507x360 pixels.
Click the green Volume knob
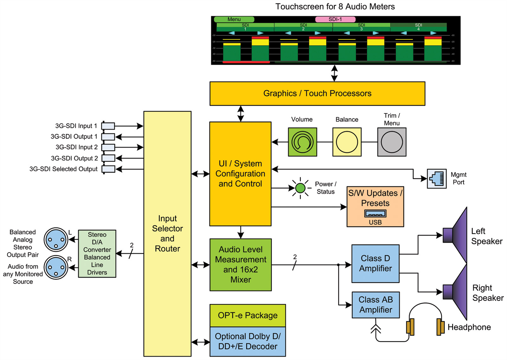(x=302, y=142)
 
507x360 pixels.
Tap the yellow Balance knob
(x=347, y=142)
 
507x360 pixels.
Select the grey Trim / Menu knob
(x=392, y=142)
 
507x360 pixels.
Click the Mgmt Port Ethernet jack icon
(x=437, y=179)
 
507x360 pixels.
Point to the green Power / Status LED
(x=300, y=188)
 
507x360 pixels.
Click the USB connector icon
(x=375, y=214)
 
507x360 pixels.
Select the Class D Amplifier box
(x=375, y=263)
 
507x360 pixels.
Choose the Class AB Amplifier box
(x=375, y=305)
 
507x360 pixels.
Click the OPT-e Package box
(x=247, y=315)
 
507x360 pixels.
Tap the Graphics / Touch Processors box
(x=317, y=93)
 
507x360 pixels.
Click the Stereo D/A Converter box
(x=97, y=254)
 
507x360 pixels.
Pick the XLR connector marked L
(x=56, y=240)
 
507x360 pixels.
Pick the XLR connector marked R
(x=56, y=268)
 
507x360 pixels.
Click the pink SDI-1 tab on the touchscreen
(x=335, y=19)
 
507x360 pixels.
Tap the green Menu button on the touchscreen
(x=234, y=19)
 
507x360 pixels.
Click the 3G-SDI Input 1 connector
(x=108, y=126)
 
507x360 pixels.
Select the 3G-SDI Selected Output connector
(x=108, y=169)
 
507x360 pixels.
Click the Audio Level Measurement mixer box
(x=241, y=265)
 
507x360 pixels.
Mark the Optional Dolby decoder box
(x=247, y=341)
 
